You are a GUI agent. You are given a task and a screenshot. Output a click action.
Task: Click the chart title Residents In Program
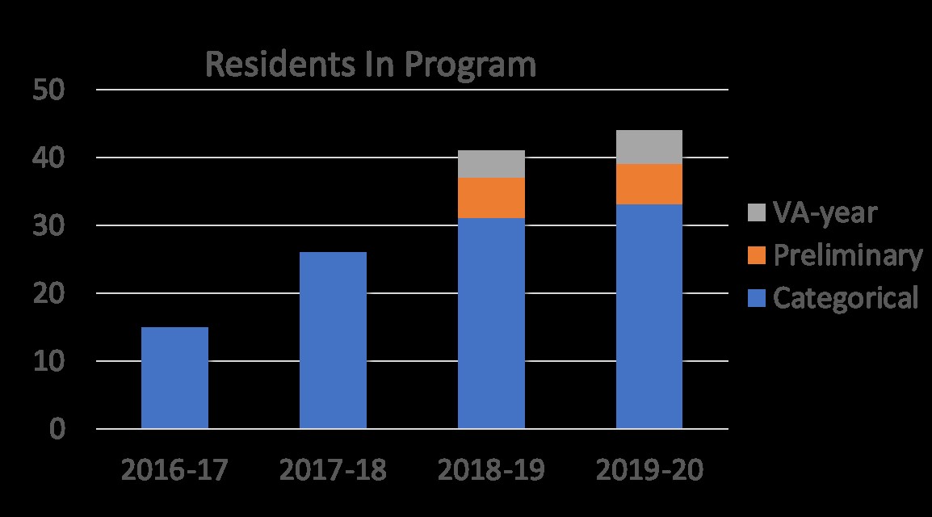click(x=370, y=65)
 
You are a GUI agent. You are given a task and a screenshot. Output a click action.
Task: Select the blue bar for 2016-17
click(x=174, y=377)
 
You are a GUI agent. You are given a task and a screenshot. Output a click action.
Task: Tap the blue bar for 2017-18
click(x=333, y=340)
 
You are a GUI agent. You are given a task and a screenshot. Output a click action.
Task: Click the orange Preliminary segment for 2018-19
click(x=491, y=198)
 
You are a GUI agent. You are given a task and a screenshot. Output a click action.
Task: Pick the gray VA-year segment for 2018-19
click(x=491, y=164)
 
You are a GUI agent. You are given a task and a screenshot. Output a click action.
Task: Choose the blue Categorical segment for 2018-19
click(x=491, y=323)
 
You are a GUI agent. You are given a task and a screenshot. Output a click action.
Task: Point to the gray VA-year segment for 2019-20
click(x=649, y=147)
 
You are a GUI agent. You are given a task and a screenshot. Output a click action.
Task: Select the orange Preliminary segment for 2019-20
click(x=649, y=184)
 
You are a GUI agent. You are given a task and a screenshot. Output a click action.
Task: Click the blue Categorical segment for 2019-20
click(x=649, y=316)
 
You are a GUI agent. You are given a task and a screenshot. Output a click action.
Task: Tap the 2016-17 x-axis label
click(x=174, y=471)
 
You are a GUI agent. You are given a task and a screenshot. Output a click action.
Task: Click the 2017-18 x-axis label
click(x=333, y=471)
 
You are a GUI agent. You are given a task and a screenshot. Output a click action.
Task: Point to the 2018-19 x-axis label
click(x=491, y=471)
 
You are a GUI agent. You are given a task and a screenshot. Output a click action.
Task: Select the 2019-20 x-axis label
click(x=649, y=471)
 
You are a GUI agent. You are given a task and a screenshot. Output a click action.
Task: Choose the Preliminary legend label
click(x=847, y=256)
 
